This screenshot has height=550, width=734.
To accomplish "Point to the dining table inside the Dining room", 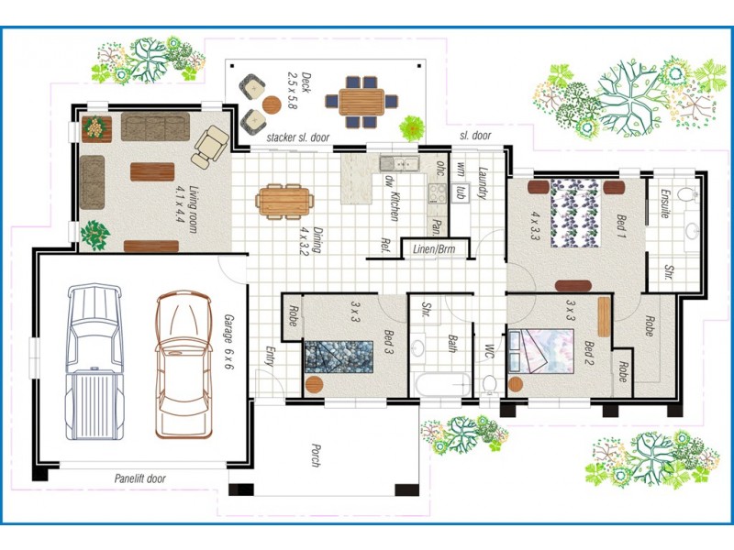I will [x=284, y=199].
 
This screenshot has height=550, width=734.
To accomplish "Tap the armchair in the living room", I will [x=212, y=144].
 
